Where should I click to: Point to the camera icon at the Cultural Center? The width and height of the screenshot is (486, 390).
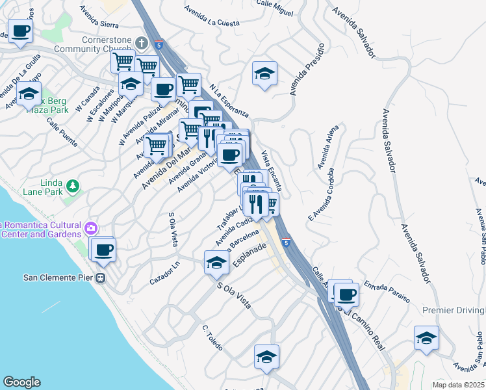[x=91, y=227]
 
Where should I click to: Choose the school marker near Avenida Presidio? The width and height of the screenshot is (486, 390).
[x=264, y=75]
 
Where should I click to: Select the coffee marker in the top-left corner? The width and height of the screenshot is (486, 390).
[x=20, y=31]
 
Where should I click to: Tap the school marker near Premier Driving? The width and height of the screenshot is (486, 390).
[x=426, y=339]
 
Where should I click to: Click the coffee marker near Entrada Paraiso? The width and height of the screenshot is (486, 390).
[x=347, y=294]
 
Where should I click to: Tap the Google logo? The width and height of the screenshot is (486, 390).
[x=21, y=382]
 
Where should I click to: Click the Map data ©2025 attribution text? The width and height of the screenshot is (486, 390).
[x=459, y=385]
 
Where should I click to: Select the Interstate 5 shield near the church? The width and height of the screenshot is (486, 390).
[x=159, y=44]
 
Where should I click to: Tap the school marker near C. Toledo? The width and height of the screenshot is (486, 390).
[x=266, y=358]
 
